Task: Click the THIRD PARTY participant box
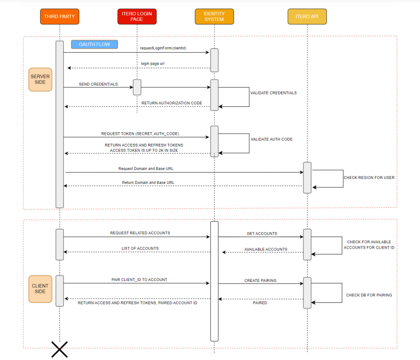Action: [x=59, y=16]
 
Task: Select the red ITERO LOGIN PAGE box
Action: [x=137, y=16]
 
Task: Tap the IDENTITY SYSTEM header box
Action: [x=214, y=16]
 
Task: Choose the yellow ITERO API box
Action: [x=307, y=16]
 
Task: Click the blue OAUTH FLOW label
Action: [x=94, y=44]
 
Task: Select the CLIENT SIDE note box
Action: [x=40, y=288]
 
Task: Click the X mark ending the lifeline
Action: [x=59, y=349]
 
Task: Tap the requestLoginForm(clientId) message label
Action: [x=167, y=49]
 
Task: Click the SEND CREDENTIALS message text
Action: [x=98, y=84]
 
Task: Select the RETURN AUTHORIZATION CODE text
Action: [x=172, y=103]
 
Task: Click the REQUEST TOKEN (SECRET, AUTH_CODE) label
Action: [x=140, y=134]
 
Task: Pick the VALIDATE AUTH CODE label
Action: [x=271, y=139]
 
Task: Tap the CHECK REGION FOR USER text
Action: [x=369, y=178]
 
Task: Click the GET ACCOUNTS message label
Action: [x=262, y=233]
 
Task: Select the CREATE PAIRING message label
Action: [x=260, y=280]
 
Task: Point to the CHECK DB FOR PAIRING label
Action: [x=369, y=295]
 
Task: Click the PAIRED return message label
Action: [x=260, y=302]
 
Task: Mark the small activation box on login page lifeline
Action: [x=137, y=87]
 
